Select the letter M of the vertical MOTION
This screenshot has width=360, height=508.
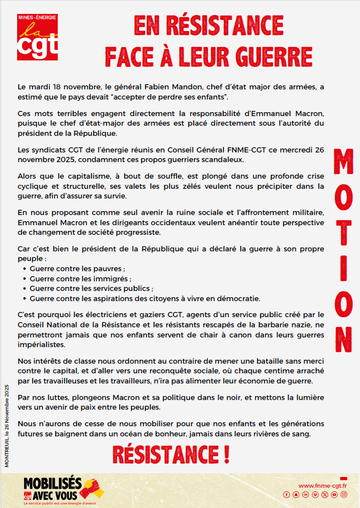click(343, 164)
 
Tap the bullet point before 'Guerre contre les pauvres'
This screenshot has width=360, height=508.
click(25, 269)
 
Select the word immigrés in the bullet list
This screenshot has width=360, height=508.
click(113, 279)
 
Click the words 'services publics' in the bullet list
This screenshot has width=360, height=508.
click(121, 288)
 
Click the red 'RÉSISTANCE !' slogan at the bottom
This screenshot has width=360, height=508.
click(171, 455)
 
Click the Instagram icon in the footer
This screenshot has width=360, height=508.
click(343, 495)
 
